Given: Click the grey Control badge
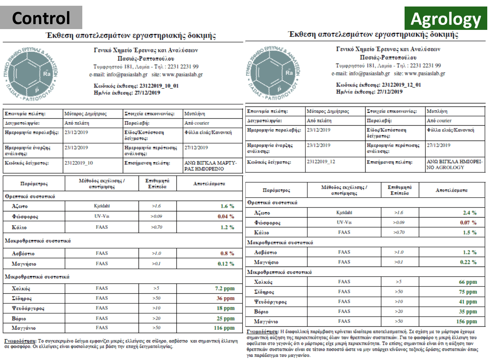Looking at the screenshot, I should point(41,18).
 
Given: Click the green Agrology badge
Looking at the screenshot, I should point(446,19).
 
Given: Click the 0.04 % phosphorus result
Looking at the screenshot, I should point(226,217).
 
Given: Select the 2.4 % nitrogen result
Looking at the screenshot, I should point(469,213).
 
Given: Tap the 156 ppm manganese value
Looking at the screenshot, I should point(467,321).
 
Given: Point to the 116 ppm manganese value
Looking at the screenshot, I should point(224,328).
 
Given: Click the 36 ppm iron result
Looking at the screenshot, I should point(225,298).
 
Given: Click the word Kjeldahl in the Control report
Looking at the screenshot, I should point(102,206).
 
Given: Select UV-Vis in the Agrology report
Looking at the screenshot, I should point(344,222).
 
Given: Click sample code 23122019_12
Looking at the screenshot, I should point(321,162).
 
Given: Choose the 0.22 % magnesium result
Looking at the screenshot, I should point(468,262).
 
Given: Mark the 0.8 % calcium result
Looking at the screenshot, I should point(227,254).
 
